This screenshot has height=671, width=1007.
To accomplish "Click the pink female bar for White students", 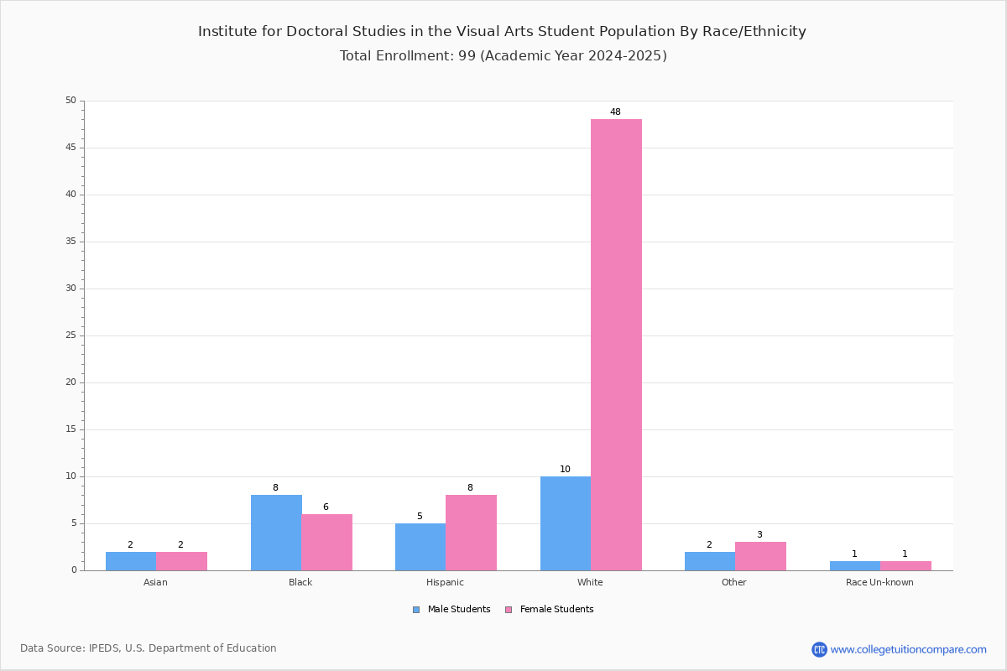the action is (x=616, y=345).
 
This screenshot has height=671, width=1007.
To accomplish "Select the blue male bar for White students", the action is (x=566, y=523).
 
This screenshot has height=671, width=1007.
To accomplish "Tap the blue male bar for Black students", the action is (x=276, y=533).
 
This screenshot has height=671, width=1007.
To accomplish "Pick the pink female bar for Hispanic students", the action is (x=471, y=533).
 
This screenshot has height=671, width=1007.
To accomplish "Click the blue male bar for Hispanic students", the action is (x=420, y=547).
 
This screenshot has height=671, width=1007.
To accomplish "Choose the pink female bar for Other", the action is (x=760, y=556).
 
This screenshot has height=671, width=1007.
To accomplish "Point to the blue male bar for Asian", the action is (x=131, y=561).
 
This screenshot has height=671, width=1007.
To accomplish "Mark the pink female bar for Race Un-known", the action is (x=905, y=566).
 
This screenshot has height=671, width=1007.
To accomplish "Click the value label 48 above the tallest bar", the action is (x=615, y=112).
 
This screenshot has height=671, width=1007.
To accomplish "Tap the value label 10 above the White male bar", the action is (x=565, y=469).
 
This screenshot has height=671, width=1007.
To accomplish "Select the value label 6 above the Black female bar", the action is (x=326, y=507).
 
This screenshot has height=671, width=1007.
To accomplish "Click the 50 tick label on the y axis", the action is (x=71, y=100).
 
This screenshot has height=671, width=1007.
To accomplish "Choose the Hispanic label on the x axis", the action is (x=445, y=582).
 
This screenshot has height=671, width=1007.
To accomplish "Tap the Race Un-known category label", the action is (x=879, y=582).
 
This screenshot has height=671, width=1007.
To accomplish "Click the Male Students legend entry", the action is (x=451, y=610).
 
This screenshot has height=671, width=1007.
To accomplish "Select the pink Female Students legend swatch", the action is (x=509, y=610).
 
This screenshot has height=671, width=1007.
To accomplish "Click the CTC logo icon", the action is (x=819, y=649).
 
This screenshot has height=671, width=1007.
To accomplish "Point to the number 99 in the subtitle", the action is (x=467, y=55).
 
